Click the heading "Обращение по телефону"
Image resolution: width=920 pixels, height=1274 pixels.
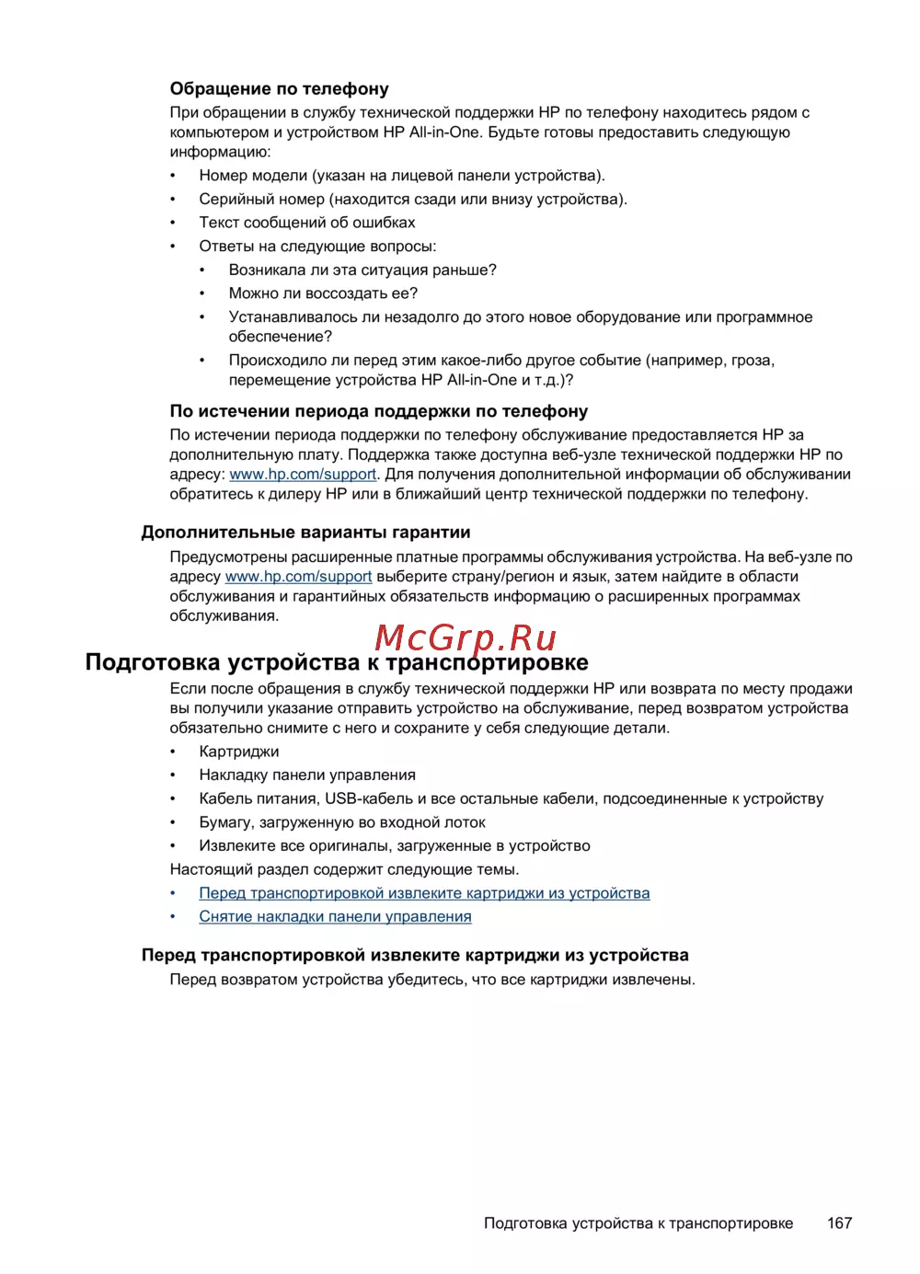pos(279,89)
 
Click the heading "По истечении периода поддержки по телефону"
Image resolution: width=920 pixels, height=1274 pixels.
pos(378,411)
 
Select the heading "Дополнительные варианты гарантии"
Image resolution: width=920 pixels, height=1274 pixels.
pos(305,533)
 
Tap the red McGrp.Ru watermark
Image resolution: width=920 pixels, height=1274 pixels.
pos(466,637)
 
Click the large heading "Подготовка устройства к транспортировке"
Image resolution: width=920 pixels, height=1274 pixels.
pos(337,663)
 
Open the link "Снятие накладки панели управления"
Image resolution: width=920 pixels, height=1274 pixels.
pos(335,917)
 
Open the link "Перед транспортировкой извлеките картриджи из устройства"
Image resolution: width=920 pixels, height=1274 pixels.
pos(424,893)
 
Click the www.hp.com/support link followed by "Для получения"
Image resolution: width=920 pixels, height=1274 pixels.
pos(303,475)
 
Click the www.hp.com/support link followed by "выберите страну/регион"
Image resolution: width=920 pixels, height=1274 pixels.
pos(298,577)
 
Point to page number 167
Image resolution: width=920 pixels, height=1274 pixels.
pos(839,1223)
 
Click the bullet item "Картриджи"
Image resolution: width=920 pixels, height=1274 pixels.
pos(239,752)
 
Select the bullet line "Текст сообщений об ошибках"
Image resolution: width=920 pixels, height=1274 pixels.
pos(307,223)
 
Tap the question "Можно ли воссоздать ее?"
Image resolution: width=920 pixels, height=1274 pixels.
pos(323,293)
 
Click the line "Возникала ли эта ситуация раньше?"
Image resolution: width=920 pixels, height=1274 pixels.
pos(362,270)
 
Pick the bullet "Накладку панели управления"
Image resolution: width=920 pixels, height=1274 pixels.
pos(307,775)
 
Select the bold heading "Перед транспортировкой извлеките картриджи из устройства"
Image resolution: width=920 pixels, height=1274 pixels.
pos(415,956)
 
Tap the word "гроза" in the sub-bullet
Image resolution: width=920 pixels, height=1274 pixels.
pos(752,361)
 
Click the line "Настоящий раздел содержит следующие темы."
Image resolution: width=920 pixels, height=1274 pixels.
pos(344,870)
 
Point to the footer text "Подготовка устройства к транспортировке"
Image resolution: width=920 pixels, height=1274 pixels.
pos(638,1223)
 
